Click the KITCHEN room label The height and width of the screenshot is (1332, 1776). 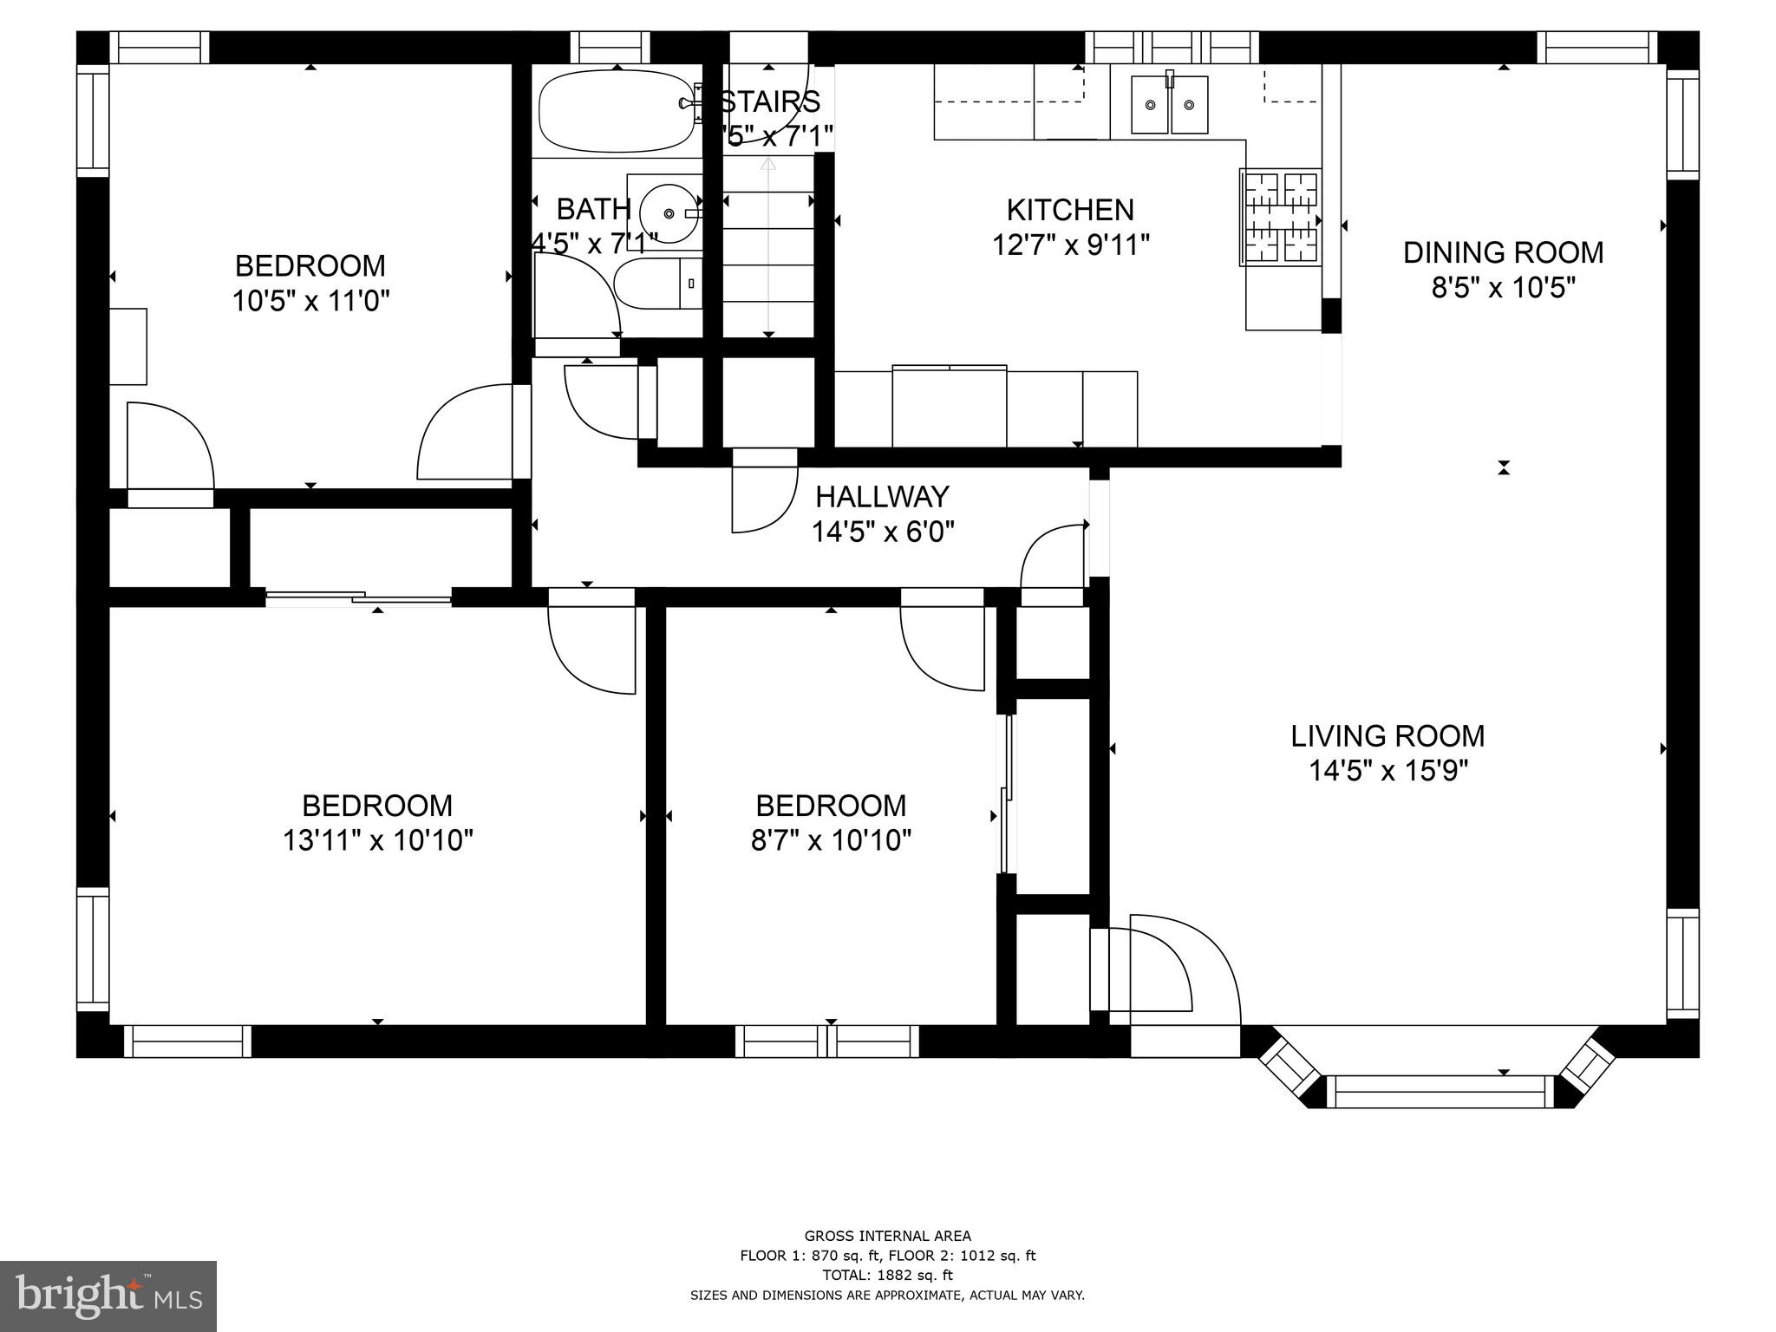pos(1069,210)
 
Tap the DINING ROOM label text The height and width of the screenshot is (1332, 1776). pos(1503,252)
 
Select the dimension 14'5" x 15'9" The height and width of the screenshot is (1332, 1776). pos(1387,771)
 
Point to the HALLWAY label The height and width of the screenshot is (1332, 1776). pos(882,497)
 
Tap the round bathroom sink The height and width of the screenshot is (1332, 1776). pos(667,212)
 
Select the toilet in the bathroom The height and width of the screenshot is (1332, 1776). pos(657,284)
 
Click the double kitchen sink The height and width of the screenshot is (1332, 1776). pos(1170,105)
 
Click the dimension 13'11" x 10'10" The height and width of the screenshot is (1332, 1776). pos(377,840)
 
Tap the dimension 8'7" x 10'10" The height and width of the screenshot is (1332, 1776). pos(831,840)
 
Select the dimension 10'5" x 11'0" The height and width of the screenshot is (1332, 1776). pos(310,301)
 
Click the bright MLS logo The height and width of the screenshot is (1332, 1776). pos(108,1296)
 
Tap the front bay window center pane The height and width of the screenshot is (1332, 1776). pos(1440,1092)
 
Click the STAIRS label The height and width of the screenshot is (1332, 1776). pos(770,102)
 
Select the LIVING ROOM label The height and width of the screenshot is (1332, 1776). pos(1387,736)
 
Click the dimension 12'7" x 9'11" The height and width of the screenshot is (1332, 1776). pos(1070,245)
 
